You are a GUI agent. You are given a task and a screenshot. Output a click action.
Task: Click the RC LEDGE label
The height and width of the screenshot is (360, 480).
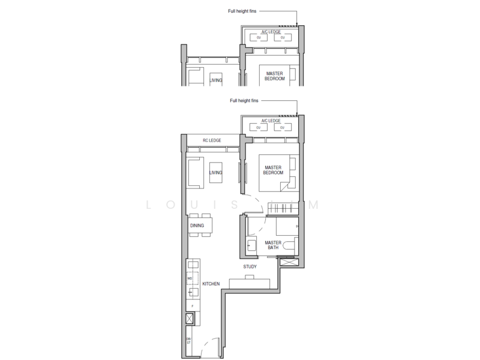click(x=212, y=140)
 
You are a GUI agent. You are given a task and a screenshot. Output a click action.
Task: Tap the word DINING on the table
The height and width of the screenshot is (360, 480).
click(x=197, y=226)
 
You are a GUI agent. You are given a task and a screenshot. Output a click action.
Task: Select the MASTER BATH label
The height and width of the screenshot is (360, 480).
click(x=265, y=244)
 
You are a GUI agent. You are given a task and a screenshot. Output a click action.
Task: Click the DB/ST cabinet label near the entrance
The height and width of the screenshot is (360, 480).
click(x=188, y=341)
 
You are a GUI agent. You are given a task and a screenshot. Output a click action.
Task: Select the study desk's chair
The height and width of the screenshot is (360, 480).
click(x=250, y=276)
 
